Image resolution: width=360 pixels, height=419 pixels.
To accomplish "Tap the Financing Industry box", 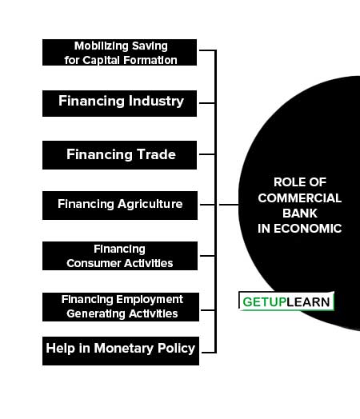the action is coord(119,103).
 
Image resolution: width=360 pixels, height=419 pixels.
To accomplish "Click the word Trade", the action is coord(156,154).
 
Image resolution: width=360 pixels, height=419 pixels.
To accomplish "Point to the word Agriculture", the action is coord(150,205).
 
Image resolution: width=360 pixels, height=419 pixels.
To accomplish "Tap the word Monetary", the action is coord(124,349).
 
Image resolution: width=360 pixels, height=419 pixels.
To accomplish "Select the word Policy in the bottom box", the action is coord(176,349).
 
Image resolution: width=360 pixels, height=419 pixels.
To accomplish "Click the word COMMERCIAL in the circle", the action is coord(300,198).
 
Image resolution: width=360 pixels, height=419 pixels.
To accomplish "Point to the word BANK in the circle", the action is coord(300,213).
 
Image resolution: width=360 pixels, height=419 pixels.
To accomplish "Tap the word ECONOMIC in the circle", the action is coord(308,229).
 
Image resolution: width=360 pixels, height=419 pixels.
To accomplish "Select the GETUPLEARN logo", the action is coord(286,301).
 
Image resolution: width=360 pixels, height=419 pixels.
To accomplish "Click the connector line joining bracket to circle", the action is coord(229,205).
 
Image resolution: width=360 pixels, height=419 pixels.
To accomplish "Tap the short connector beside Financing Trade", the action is coord(207,154).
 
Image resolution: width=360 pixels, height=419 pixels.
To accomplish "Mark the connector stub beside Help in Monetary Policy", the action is coord(208,353).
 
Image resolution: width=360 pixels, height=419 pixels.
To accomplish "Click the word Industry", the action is coord(156,102).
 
